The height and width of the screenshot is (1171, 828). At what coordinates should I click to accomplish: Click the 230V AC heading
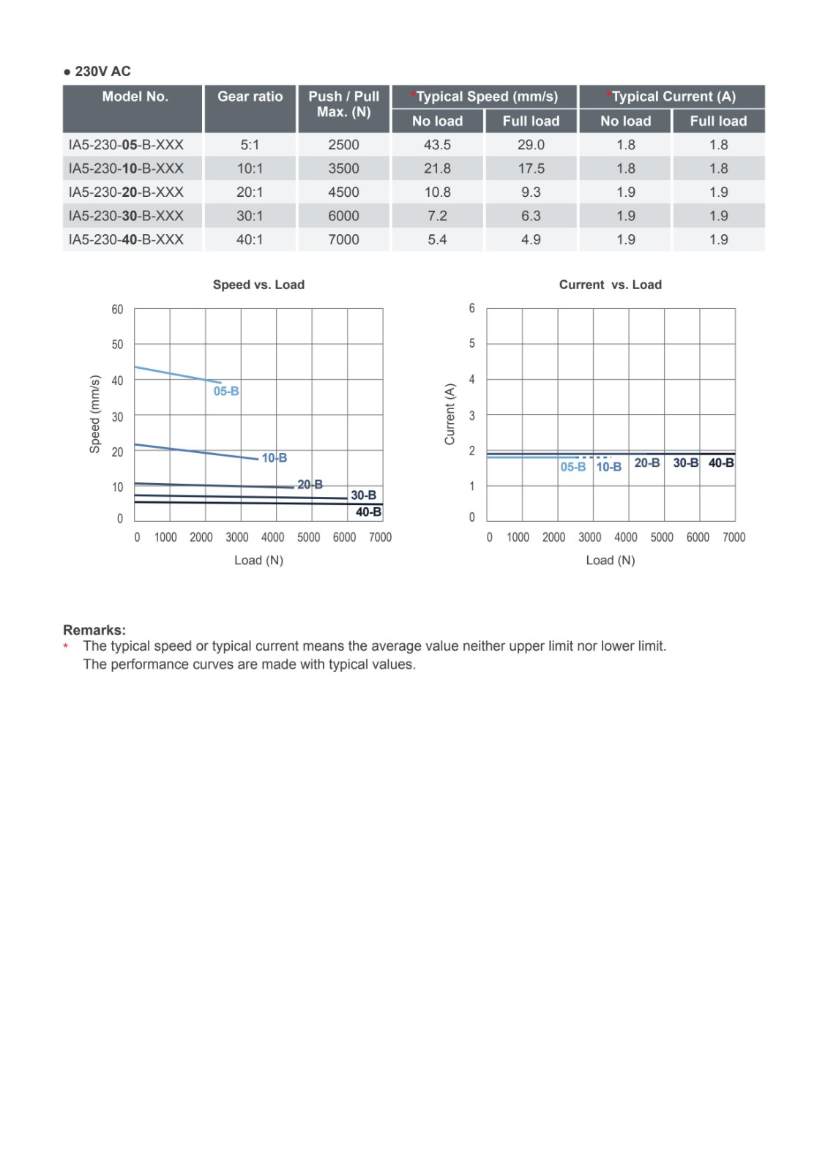pos(97,71)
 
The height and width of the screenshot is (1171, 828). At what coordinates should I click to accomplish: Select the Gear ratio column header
pos(250,97)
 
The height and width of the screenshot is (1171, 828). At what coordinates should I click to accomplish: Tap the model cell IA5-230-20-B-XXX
pos(126,192)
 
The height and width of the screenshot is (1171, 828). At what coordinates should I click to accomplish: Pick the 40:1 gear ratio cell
pos(250,239)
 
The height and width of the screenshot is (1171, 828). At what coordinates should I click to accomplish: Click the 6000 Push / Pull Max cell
pos(343,216)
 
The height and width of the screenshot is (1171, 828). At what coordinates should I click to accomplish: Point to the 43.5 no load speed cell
pos(437,145)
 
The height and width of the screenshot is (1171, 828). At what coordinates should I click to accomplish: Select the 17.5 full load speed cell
pos(531,168)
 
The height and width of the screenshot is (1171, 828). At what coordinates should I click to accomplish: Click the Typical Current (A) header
pos(672,97)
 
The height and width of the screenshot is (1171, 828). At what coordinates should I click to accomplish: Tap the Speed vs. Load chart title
pos(258,285)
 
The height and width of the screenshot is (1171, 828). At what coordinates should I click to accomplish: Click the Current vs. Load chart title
pos(610,285)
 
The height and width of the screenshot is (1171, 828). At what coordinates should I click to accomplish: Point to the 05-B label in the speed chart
pos(226,391)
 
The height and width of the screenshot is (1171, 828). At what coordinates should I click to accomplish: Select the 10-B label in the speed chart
pos(275,458)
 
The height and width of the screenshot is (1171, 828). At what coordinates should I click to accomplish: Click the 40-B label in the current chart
pos(721,463)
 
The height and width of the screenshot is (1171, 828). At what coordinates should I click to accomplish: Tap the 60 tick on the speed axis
pos(117,310)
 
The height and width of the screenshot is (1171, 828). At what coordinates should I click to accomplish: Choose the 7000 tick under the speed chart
pos(380,537)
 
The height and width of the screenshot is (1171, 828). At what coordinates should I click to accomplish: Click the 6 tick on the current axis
pos(472,308)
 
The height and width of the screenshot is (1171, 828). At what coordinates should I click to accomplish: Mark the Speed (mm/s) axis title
pos(95,414)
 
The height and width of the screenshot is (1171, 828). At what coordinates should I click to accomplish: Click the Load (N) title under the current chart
pos(610,560)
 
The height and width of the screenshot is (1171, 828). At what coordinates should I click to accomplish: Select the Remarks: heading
pos(94,630)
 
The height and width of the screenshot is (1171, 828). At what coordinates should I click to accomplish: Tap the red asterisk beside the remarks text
pos(66,647)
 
